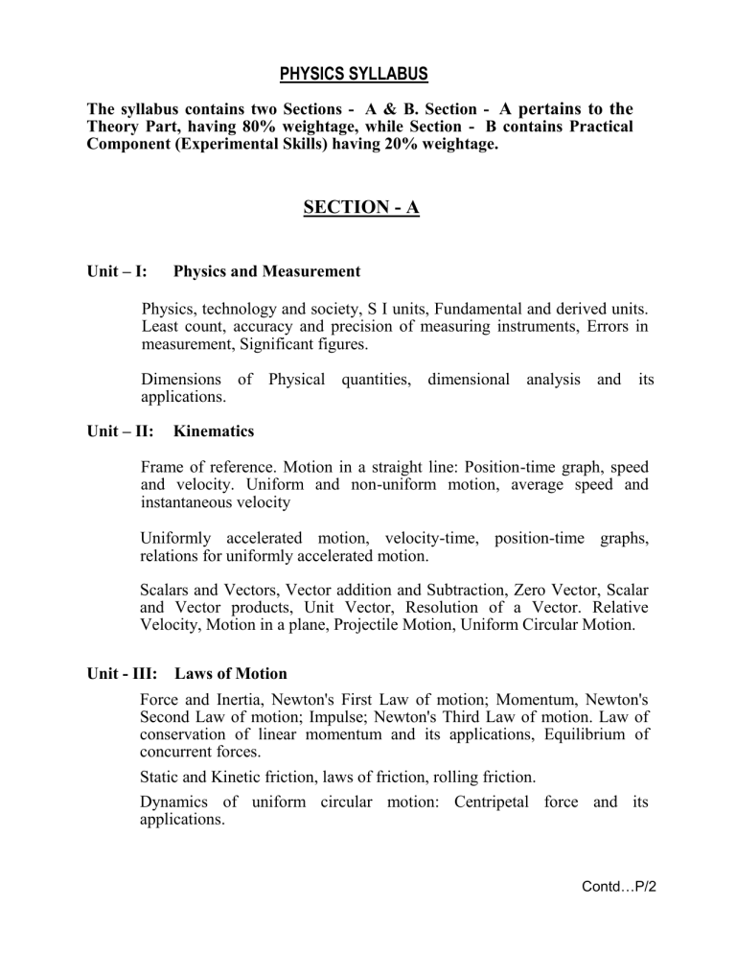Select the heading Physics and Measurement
[266, 271]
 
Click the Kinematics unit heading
[214, 431]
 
